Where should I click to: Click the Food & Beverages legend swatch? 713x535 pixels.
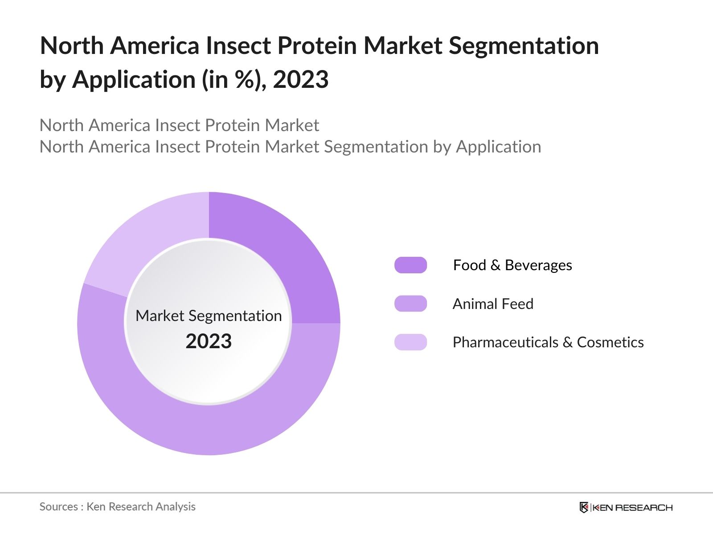coord(410,265)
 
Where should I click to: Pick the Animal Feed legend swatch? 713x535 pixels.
coord(410,304)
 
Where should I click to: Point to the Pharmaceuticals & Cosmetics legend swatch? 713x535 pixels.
coord(410,342)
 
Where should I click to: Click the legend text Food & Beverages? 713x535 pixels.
coord(512,265)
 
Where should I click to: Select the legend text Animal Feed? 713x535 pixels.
coord(493,304)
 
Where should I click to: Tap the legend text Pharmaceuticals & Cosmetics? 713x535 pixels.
coord(548,342)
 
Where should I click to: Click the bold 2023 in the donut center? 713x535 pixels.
coord(209,341)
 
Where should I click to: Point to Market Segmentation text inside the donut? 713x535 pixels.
coord(209,316)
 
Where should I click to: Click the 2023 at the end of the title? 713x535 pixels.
coord(300,79)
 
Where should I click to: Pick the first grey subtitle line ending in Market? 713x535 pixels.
coord(179,125)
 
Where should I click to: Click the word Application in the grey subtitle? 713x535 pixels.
coord(498,147)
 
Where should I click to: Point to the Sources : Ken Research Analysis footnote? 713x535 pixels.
coord(117,506)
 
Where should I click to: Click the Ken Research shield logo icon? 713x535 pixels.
coord(584,507)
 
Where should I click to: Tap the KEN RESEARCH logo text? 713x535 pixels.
coord(632,507)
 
